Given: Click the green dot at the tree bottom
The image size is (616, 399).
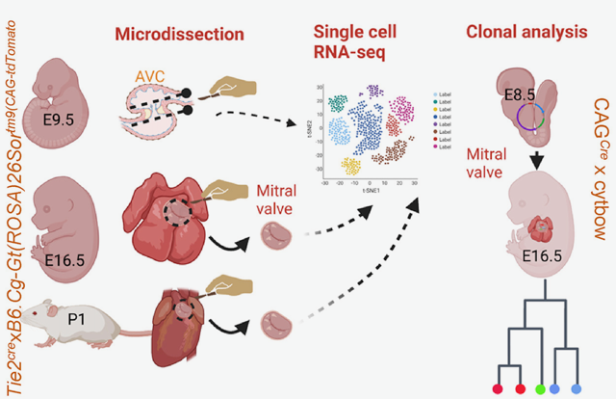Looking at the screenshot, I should pyautogui.click(x=539, y=387).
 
